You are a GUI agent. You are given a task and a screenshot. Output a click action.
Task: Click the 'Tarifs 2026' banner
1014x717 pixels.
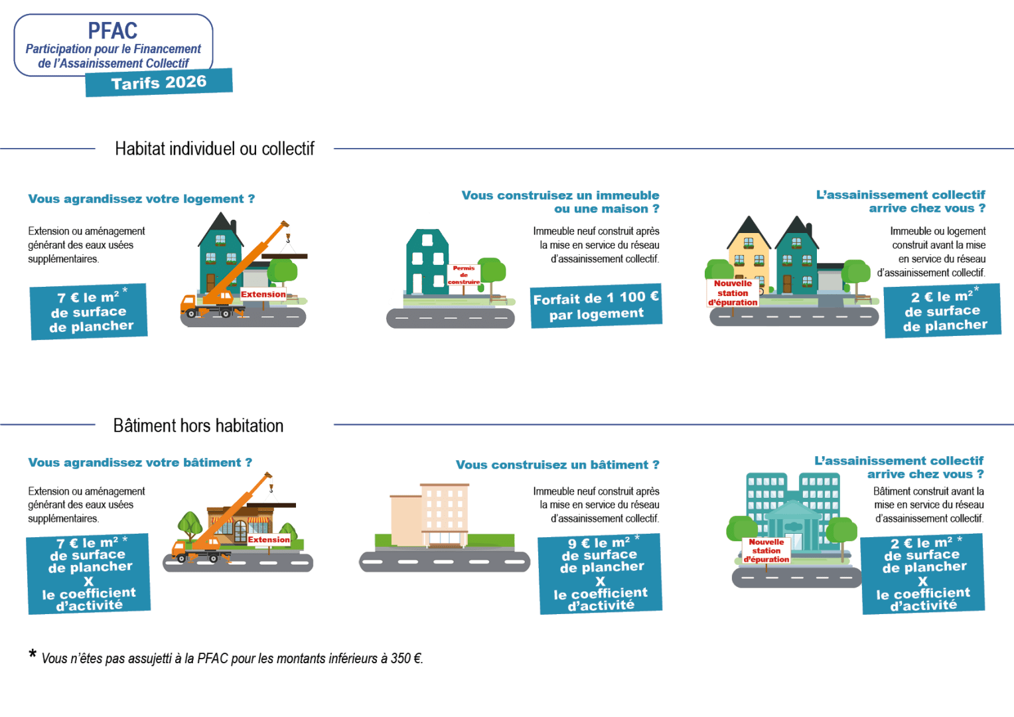click(159, 82)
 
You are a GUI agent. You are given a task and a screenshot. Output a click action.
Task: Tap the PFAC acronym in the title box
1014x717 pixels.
click(113, 31)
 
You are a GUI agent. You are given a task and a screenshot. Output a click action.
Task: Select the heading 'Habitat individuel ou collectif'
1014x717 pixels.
click(214, 149)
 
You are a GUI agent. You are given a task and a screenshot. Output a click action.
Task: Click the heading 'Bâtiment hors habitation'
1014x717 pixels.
click(198, 426)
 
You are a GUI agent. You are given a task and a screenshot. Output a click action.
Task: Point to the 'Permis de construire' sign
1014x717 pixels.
click(464, 275)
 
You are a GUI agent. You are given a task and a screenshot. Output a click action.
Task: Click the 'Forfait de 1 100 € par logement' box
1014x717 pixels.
click(596, 306)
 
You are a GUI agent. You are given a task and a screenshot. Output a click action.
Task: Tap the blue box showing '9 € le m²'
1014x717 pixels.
click(600, 574)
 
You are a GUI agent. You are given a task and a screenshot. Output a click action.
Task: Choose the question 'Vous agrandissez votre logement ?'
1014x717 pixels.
click(141, 199)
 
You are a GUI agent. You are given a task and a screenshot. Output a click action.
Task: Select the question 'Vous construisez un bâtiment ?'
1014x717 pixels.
click(557, 465)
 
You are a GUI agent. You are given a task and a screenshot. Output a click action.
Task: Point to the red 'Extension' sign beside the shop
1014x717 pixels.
click(269, 540)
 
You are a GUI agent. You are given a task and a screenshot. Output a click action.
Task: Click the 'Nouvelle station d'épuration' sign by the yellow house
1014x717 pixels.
click(733, 293)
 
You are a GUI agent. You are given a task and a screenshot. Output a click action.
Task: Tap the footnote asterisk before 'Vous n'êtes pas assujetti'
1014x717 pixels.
click(33, 654)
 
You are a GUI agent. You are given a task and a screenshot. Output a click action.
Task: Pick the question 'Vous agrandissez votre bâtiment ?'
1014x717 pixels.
click(140, 463)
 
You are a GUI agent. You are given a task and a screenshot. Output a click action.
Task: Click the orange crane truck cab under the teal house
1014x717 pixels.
click(188, 304)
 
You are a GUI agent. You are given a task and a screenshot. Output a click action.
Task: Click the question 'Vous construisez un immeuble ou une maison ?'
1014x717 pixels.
click(560, 202)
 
